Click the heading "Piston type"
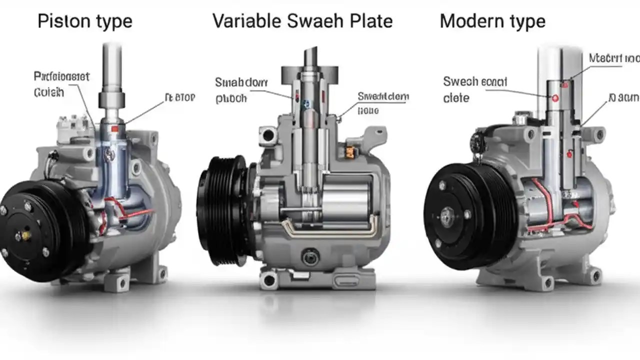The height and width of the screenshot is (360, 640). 85,21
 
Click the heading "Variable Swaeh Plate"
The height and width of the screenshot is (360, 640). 302,21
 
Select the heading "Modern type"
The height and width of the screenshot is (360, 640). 492,21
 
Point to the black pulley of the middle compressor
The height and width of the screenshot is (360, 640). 220,210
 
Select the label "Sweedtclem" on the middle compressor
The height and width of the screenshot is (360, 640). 383,96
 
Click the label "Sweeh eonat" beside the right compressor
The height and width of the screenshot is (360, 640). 474,81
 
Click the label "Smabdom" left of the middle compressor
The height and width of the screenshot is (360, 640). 241,82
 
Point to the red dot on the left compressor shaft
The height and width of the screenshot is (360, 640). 114,129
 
